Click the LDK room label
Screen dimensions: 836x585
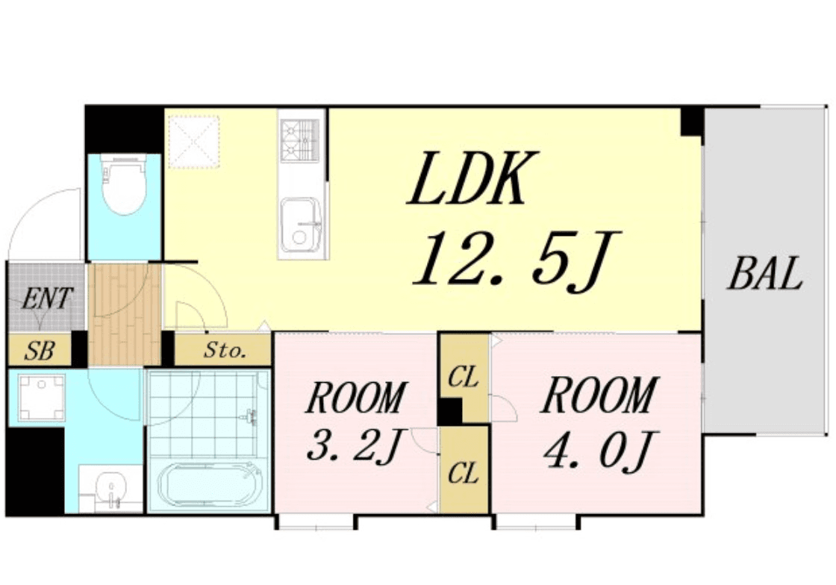click(x=472, y=180)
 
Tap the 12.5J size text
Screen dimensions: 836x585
click(x=516, y=260)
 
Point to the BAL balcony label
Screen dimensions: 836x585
click(x=765, y=273)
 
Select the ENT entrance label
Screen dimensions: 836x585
click(x=46, y=298)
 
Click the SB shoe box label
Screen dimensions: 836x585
click(x=40, y=351)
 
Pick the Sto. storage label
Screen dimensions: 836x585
click(x=225, y=350)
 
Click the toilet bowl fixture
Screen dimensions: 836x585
click(x=124, y=185)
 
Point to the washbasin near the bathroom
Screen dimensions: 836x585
click(x=111, y=489)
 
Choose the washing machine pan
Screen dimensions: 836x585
click(x=41, y=396)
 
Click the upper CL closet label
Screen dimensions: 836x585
click(x=463, y=378)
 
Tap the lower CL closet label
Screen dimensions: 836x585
click(x=463, y=472)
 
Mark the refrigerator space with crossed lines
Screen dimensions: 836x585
click(x=193, y=142)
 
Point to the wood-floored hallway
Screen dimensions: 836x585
click(x=125, y=314)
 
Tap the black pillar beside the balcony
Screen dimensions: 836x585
click(x=691, y=122)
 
